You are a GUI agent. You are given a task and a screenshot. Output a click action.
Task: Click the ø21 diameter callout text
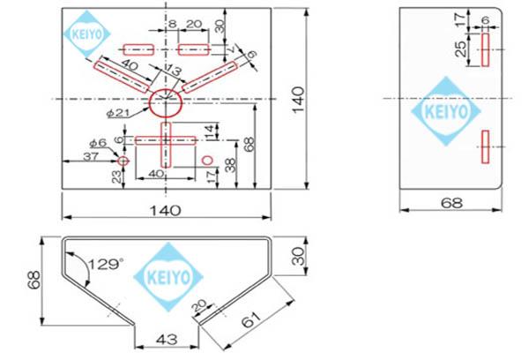[x=118, y=113]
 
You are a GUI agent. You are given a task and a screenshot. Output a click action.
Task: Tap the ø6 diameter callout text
[x=98, y=143]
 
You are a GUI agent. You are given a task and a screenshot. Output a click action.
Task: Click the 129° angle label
[x=105, y=264]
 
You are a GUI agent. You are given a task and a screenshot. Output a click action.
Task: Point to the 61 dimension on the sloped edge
[x=251, y=319]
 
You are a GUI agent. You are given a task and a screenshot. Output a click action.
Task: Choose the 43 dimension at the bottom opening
[x=167, y=339]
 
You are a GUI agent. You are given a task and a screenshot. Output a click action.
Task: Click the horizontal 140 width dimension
[x=165, y=210]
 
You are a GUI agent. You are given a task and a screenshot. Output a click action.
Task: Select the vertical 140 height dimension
[x=298, y=99]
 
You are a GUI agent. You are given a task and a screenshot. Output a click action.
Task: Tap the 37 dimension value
[x=91, y=156]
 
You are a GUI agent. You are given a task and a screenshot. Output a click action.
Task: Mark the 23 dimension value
[x=116, y=176]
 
